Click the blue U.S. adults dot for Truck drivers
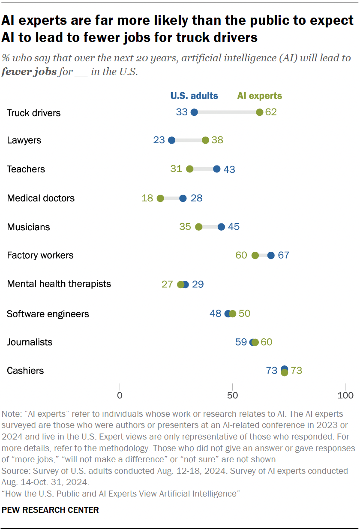coord(194,112)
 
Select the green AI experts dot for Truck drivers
coord(259,112)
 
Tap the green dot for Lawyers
coord(205,140)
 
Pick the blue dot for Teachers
coord(216,169)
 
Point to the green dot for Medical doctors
coord(160,198)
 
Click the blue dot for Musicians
coord(221,226)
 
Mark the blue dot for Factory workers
coord(271,255)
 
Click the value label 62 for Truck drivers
coord(271,112)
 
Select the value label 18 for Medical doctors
coord(147,198)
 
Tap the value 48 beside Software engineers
coord(215,313)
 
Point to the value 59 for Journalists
coord(241,342)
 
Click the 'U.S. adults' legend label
coord(194,96)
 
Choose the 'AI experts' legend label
coord(260,96)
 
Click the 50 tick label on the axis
coord(232,395)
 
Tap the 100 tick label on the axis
coord(345,395)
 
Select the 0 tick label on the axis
coord(120,395)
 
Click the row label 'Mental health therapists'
coord(59,284)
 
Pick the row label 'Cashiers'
coord(25,370)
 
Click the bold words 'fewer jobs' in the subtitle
coord(29,72)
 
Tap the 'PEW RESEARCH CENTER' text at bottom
coord(51,510)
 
